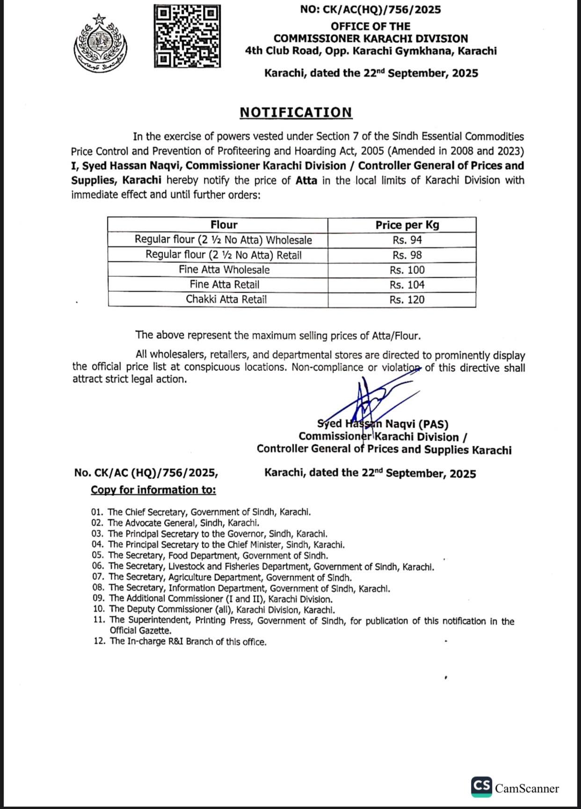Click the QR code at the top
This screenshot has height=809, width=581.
(187, 36)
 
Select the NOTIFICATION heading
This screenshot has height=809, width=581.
(296, 112)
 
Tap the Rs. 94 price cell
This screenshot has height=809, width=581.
(407, 240)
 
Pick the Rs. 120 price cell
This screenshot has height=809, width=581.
(407, 300)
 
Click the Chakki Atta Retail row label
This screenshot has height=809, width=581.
(226, 300)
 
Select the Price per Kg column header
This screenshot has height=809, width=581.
(407, 225)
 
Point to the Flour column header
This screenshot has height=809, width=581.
(224, 225)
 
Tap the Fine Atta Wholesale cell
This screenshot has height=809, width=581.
(224, 270)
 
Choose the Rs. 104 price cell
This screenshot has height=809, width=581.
(407, 285)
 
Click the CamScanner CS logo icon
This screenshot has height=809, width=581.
(481, 787)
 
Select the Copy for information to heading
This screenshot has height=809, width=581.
(153, 490)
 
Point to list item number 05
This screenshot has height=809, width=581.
(210, 556)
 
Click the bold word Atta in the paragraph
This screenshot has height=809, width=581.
(306, 180)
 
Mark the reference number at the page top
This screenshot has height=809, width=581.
(371, 9)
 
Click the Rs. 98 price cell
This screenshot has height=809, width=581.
(407, 255)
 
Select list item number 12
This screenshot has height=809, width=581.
(180, 642)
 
